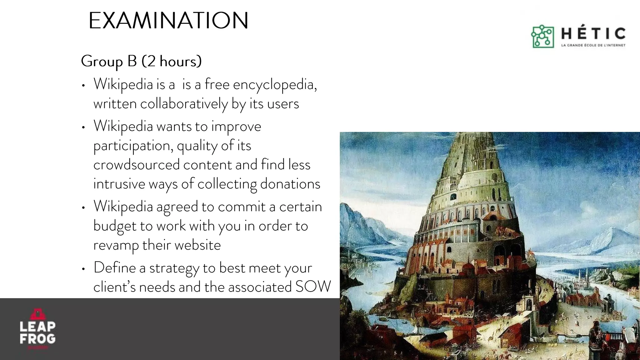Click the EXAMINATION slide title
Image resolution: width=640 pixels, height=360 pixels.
pyautogui.click(x=168, y=21)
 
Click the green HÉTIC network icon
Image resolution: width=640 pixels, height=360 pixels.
pyautogui.click(x=542, y=37)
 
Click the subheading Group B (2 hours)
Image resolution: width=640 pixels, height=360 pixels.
pyautogui.click(x=141, y=61)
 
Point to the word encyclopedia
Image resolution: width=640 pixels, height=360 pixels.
pyautogui.click(x=274, y=84)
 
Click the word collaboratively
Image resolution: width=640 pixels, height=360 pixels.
pyautogui.click(x=184, y=104)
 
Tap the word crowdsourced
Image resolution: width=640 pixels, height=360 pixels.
pyautogui.click(x=136, y=165)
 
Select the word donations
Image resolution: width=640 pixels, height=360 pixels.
pyautogui.click(x=290, y=184)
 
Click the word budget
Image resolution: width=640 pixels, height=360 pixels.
pyautogui.click(x=115, y=226)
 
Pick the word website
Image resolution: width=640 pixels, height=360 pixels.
pyautogui.click(x=197, y=245)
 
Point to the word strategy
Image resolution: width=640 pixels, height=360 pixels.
pyautogui.click(x=174, y=268)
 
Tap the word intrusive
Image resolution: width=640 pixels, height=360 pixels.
pyautogui.click(x=119, y=184)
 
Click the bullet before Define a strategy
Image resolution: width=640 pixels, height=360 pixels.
pyautogui.click(x=83, y=269)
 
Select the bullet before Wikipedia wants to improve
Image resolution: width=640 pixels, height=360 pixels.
pyautogui.click(x=83, y=127)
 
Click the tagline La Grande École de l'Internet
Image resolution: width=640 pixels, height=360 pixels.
pyautogui.click(x=593, y=45)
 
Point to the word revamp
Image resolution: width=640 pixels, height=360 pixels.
pyautogui.click(x=116, y=245)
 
